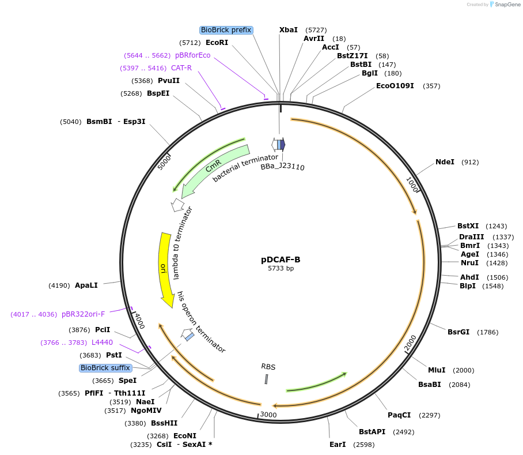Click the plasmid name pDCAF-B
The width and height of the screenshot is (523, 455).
click(x=281, y=260)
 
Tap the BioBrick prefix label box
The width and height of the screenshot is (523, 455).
click(x=227, y=30)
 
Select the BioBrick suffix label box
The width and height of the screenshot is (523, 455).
click(x=106, y=368)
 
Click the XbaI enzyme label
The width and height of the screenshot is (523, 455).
click(x=289, y=29)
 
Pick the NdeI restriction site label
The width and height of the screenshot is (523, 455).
click(x=445, y=162)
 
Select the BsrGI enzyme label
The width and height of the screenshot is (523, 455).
click(x=458, y=332)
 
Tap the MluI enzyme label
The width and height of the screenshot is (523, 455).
click(x=437, y=370)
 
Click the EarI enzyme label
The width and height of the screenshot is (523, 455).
click(x=338, y=445)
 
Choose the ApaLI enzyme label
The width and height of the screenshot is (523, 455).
click(x=86, y=285)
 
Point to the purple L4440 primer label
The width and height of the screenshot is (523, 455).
click(x=102, y=343)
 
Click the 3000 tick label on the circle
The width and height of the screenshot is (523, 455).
click(x=268, y=415)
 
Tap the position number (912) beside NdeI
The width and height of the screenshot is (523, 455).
click(x=470, y=162)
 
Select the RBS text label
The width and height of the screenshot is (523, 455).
click(x=268, y=366)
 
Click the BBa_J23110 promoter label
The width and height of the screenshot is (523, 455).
click(x=283, y=167)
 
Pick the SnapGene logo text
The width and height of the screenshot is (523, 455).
click(x=507, y=5)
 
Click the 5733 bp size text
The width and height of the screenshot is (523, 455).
click(x=281, y=269)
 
